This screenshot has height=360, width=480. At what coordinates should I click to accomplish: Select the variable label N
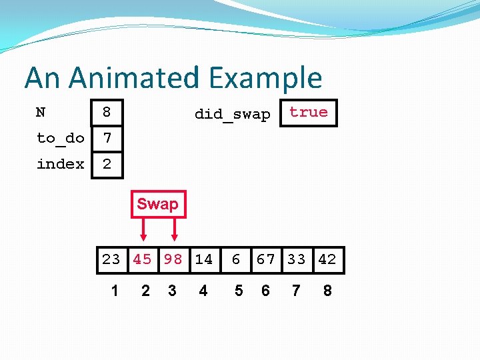coord(41,112)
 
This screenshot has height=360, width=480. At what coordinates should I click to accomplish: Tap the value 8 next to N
coord(107,113)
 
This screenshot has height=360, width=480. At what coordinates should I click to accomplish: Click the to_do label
coord(60,138)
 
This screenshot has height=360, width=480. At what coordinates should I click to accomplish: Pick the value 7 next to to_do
coord(107,138)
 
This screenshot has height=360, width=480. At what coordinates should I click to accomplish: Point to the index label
coord(60,164)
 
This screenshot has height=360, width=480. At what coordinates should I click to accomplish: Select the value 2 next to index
coord(107,164)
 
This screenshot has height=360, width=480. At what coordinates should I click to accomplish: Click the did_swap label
coord(232,114)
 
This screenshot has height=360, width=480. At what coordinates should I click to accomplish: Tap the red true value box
coord(309,113)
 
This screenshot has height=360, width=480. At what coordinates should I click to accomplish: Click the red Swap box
coord(157,205)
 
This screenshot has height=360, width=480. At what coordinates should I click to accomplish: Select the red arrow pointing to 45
coord(143,231)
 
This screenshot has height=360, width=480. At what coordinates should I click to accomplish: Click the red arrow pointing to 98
coord(174,231)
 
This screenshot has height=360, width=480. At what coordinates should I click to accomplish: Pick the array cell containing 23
coord(111,259)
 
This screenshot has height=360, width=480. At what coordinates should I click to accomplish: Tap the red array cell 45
coord(142,259)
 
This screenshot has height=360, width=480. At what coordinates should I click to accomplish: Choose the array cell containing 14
coord(203,259)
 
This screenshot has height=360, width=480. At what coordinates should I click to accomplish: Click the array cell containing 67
coord(265,259)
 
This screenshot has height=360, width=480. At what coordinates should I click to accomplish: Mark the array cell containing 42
coord(327,259)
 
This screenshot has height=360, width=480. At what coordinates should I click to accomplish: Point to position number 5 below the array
coord(239,291)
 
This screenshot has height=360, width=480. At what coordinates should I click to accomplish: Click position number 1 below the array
coord(115,291)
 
